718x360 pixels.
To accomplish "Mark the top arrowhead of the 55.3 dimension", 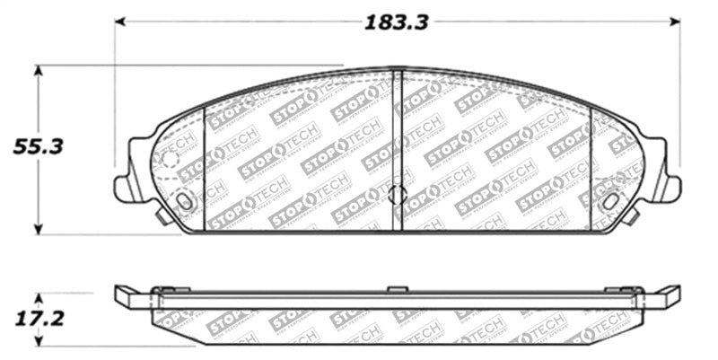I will click(37, 70).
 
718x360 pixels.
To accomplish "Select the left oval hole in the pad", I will click(185, 201).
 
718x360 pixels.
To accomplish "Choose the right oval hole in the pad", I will click(610, 201).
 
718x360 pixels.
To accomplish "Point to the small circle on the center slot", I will click(398, 195).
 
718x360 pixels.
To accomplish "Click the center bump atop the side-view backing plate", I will click(397, 289).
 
